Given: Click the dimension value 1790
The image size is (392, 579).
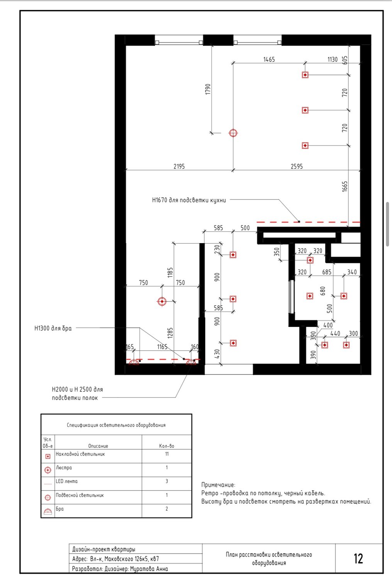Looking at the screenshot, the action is click(x=208, y=89).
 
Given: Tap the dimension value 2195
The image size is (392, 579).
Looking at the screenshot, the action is click(x=179, y=166).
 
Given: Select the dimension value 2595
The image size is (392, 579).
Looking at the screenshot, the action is click(x=297, y=166).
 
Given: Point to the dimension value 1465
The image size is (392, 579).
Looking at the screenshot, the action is click(x=269, y=59).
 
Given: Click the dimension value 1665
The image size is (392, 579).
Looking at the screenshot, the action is click(x=344, y=186).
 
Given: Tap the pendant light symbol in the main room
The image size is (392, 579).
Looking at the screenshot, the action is click(x=233, y=133).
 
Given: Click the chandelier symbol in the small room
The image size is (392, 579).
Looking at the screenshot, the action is click(x=162, y=301).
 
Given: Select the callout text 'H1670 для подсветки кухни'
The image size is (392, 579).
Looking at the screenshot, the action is click(x=189, y=200).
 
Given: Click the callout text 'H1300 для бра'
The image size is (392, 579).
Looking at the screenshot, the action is click(x=53, y=328).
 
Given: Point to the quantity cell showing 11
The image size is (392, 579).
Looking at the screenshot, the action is click(x=167, y=454).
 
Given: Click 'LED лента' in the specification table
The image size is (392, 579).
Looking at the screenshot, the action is click(x=66, y=481).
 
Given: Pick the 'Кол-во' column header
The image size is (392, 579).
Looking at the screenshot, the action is click(x=166, y=446).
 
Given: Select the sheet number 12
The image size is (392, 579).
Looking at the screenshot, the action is click(x=358, y=559).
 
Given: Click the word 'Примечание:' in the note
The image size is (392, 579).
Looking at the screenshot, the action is click(x=218, y=485).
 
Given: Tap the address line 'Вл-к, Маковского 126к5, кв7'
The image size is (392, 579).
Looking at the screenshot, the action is click(x=124, y=559).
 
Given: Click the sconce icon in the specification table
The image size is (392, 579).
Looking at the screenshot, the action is click(x=48, y=511).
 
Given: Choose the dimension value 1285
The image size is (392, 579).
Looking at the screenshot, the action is click(x=170, y=333).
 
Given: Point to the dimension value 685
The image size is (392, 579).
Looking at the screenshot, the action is click(x=327, y=272).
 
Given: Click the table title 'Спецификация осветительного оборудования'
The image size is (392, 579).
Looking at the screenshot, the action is click(x=116, y=425).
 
